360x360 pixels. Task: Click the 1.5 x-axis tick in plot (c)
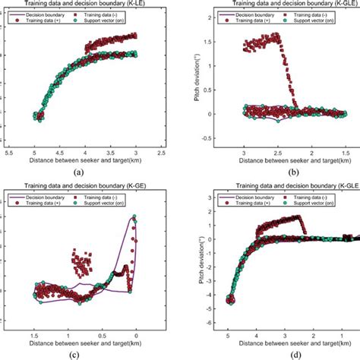click(35, 333)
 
